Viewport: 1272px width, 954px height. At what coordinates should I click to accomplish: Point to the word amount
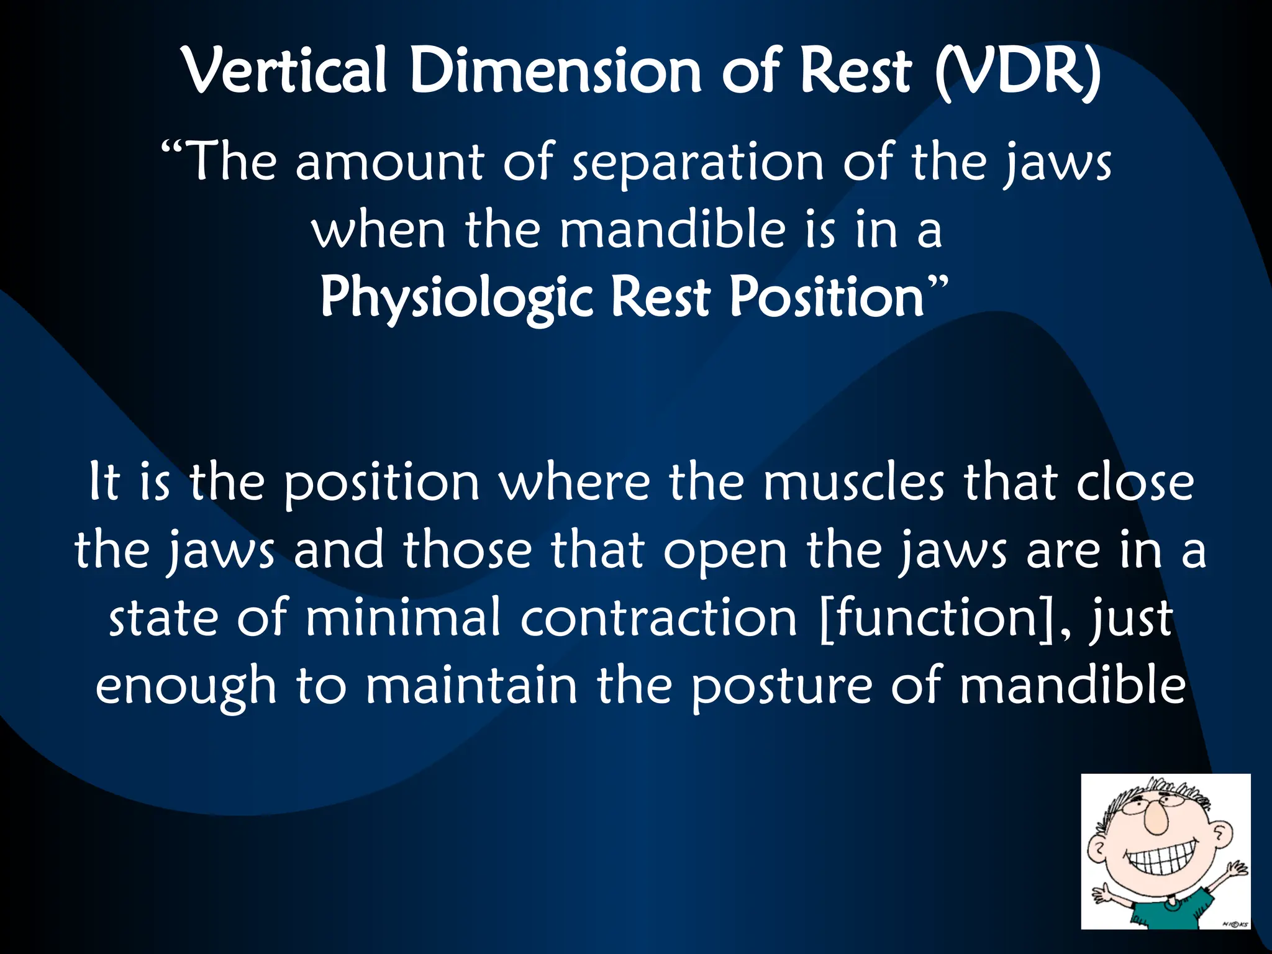389,163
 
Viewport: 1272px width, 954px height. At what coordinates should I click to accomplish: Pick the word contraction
658,619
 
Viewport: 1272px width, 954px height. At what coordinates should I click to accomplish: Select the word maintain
471,686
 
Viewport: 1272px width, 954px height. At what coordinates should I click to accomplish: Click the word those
467,550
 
